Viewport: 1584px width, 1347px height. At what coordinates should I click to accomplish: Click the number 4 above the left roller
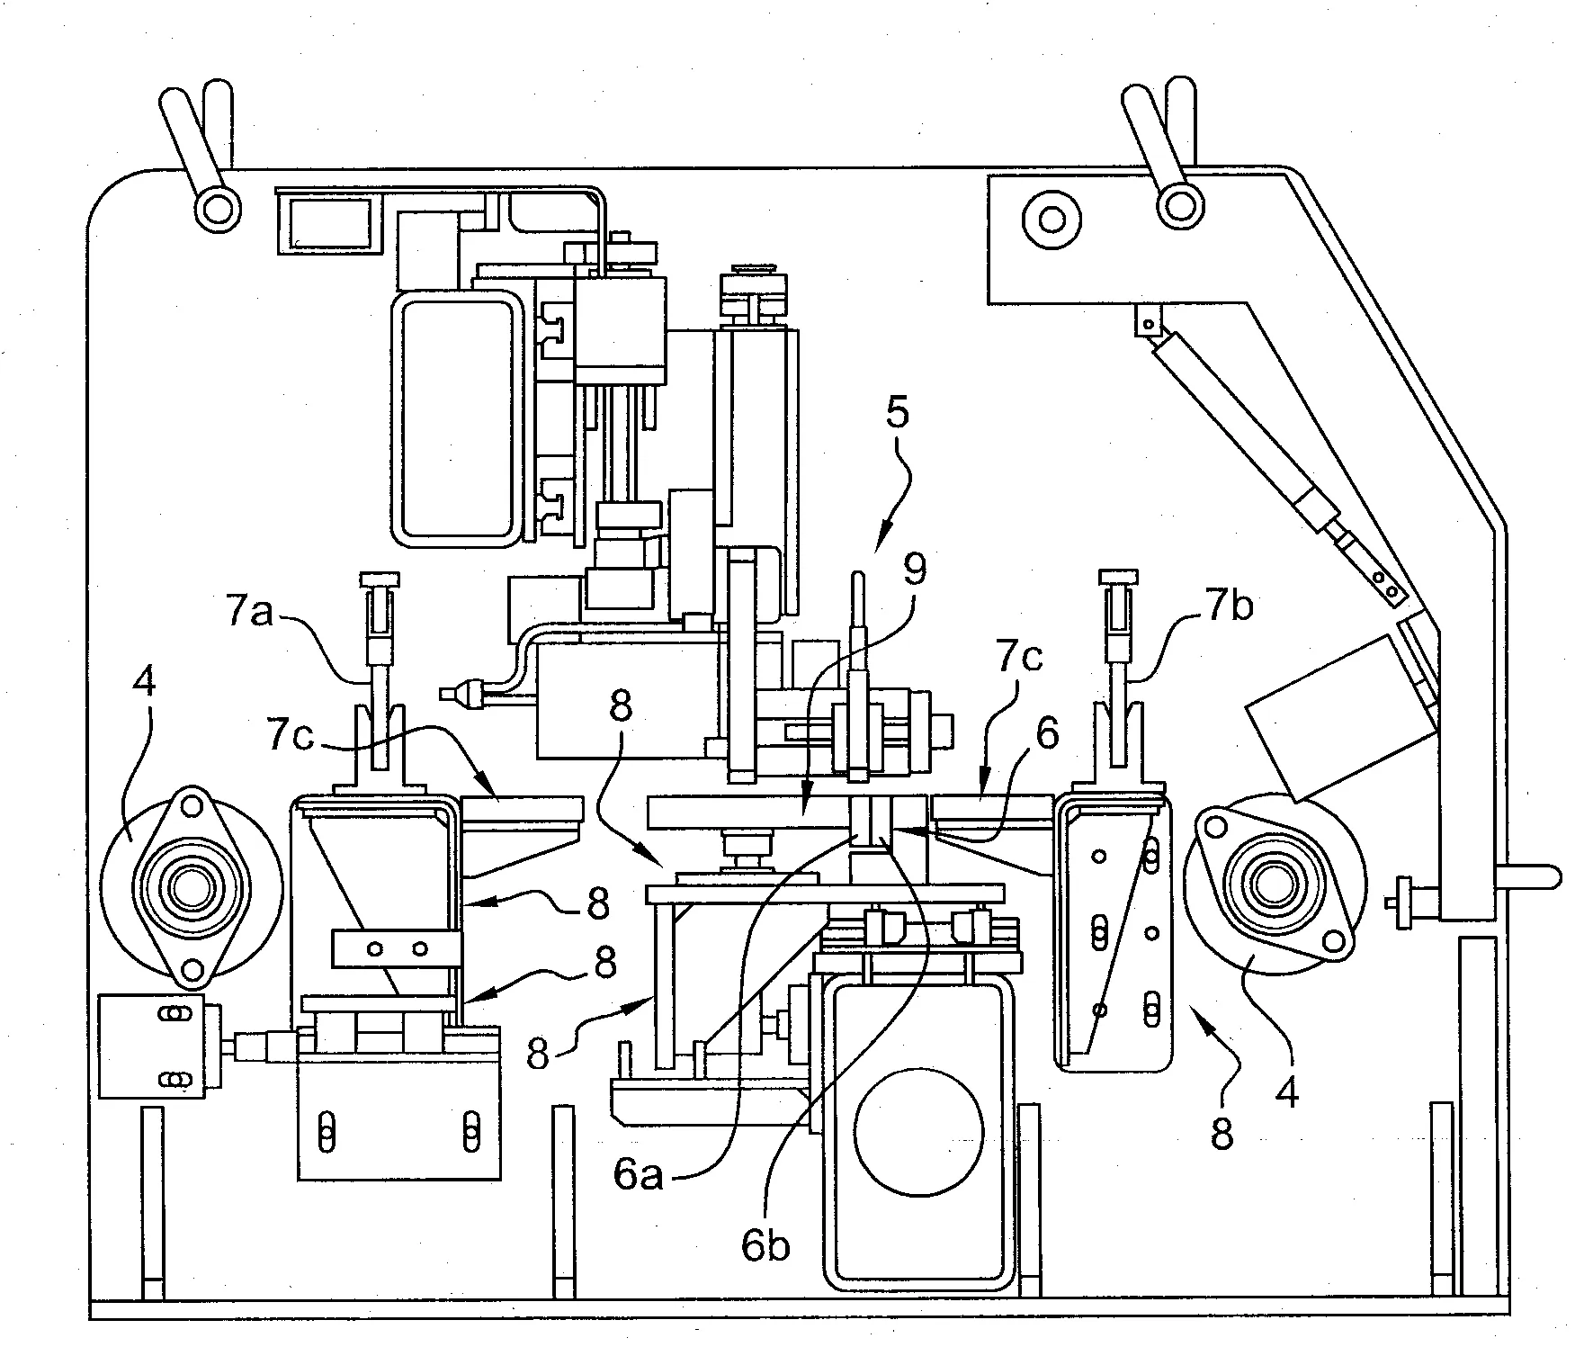tap(144, 683)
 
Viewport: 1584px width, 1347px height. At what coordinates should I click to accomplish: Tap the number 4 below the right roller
tap(1287, 1092)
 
